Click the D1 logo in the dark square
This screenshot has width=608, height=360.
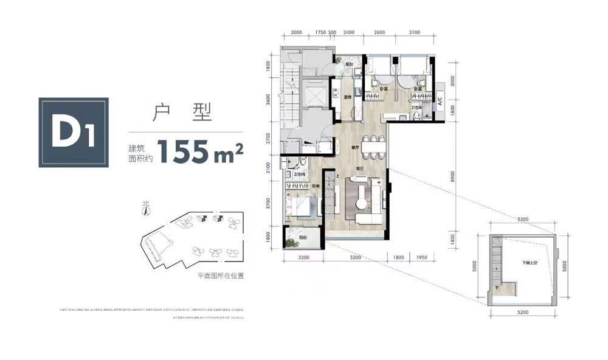click(x=74, y=132)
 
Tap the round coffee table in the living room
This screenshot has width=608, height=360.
click(x=363, y=195)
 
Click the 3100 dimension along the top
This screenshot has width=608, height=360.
click(x=415, y=32)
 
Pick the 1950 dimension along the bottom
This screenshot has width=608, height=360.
click(x=422, y=257)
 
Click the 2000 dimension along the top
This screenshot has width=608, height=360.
click(x=296, y=32)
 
